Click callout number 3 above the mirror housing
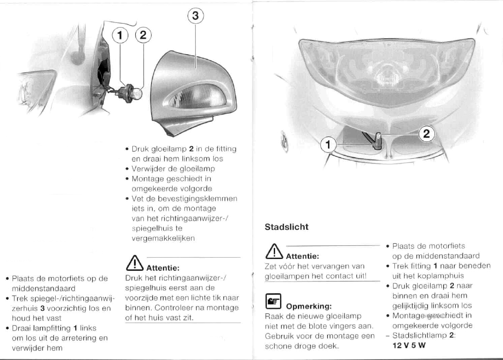click(x=196, y=15)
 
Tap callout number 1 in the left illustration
click(x=120, y=35)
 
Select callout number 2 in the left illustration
click(x=143, y=35)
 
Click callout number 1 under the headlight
click(x=328, y=144)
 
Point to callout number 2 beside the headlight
click(x=426, y=133)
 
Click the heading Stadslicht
click(x=286, y=227)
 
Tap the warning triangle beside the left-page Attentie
click(x=135, y=263)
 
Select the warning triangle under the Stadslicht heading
click(x=274, y=251)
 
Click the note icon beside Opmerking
click(x=273, y=301)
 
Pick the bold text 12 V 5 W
click(x=409, y=345)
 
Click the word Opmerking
click(x=309, y=306)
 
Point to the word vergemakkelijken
click(x=163, y=238)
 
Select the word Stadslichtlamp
click(x=419, y=336)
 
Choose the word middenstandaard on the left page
click(x=44, y=288)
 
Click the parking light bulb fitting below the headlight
click(x=377, y=141)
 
